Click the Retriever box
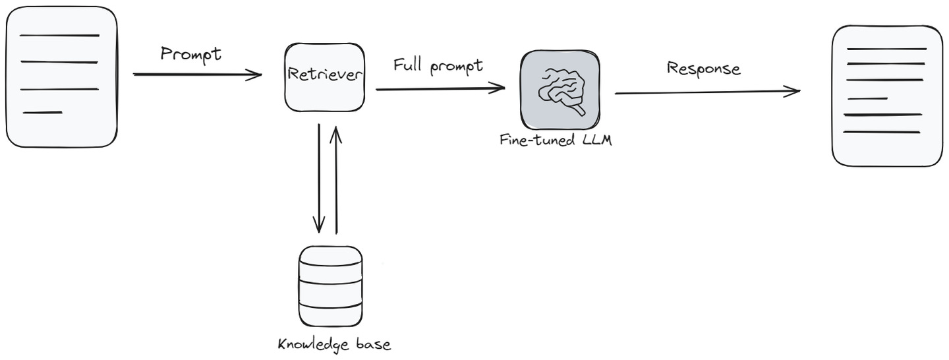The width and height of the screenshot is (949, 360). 324,77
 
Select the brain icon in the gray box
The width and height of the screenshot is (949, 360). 560,91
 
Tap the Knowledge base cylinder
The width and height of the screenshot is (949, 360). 330,287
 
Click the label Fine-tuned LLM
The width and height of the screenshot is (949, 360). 556,140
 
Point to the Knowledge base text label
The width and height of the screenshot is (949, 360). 334,344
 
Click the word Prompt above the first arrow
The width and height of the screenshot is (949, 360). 191,54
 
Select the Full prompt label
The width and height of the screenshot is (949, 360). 438,65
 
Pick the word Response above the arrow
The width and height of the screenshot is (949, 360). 703,68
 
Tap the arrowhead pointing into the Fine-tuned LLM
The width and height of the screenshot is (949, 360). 498,88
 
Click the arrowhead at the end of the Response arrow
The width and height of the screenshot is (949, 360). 793,91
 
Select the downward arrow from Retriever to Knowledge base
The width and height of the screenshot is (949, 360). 319,178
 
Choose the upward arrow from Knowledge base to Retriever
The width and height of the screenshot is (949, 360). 336,178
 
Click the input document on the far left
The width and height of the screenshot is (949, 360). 62,76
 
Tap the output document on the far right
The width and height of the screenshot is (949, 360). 887,96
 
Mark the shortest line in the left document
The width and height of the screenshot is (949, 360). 43,113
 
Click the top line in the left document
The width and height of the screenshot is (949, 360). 59,36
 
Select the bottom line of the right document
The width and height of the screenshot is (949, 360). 881,132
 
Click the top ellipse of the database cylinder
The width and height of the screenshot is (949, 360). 330,255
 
